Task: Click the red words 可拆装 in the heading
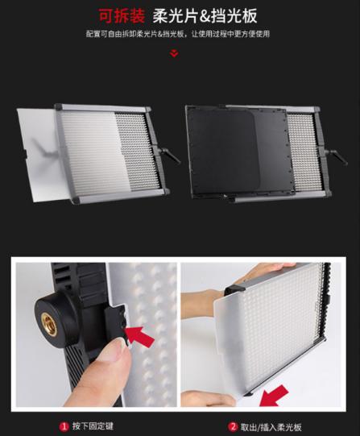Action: [122, 16]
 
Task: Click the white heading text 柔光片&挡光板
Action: [205, 16]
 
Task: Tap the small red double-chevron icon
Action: [174, 53]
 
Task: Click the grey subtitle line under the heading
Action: [178, 34]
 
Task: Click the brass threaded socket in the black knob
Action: [49, 323]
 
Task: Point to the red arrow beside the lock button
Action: [139, 335]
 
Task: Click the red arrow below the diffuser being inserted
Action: [274, 396]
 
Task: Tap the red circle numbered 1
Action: [64, 426]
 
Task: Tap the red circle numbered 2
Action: [233, 427]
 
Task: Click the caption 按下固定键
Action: [93, 426]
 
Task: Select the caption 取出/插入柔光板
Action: [271, 427]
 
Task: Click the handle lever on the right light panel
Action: [335, 157]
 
